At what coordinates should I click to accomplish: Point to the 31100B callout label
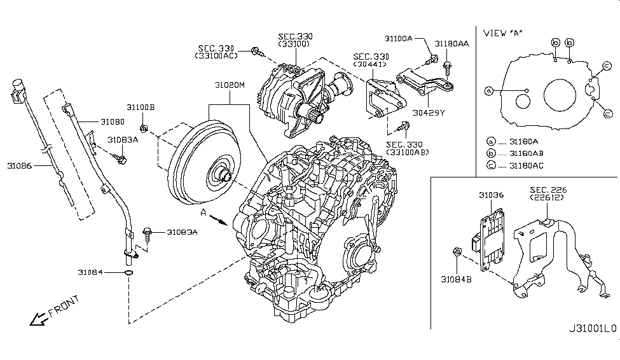[x=140, y=107]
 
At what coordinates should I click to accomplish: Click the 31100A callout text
[x=401, y=39]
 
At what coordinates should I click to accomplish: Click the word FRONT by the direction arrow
[x=64, y=306]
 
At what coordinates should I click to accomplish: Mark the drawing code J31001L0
[x=592, y=329]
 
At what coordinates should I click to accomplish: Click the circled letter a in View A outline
[x=488, y=90]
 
